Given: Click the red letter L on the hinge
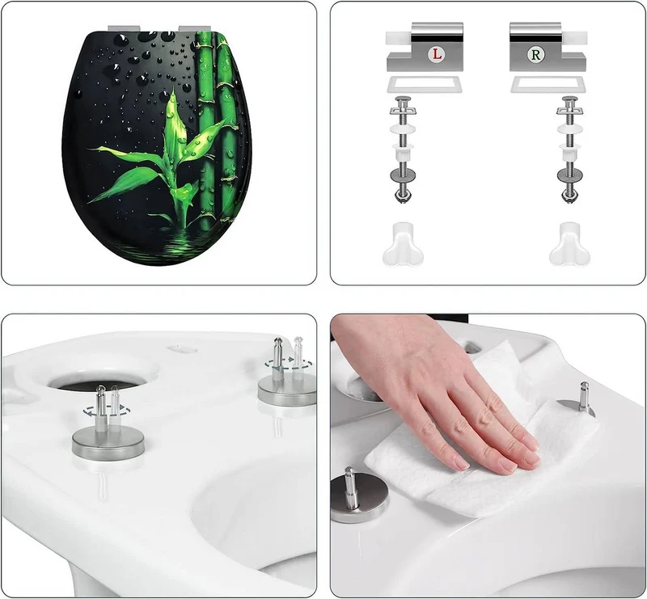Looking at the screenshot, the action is point(437,54).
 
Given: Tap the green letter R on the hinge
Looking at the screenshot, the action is point(536,54).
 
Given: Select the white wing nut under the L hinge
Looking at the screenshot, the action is point(402,245).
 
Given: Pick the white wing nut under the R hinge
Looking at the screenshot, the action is point(569,245).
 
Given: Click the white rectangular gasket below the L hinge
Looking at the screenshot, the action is point(424,85).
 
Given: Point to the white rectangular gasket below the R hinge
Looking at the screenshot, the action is point(548,85).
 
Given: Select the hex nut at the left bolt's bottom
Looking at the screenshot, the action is point(403,195).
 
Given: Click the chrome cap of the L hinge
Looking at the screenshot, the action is point(437,32).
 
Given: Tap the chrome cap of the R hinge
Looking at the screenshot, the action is point(535,32).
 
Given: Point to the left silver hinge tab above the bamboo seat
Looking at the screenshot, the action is point(124,28).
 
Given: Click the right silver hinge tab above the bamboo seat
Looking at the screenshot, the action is point(194,28).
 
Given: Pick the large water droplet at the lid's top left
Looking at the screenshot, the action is point(121,40).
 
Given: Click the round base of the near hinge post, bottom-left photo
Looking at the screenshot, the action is point(108,444).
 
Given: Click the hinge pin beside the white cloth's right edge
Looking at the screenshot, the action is point(584,396).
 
